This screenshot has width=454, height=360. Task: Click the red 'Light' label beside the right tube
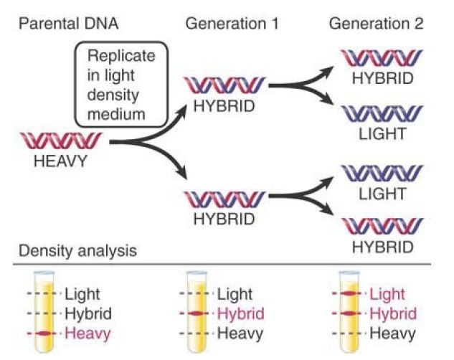(x=387, y=293)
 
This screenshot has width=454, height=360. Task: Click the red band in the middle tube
(x=197, y=314)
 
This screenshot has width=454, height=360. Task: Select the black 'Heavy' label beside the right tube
(x=392, y=333)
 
